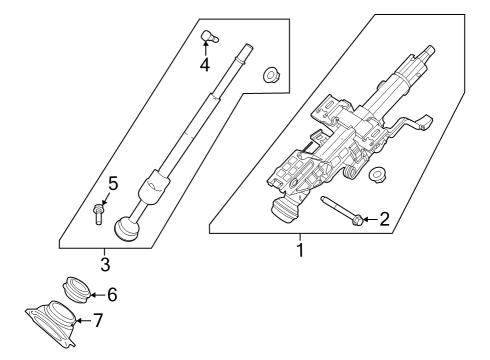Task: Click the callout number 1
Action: click(x=298, y=249)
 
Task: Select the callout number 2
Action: click(x=384, y=219)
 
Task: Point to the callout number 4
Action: click(x=204, y=65)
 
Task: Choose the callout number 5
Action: click(x=113, y=183)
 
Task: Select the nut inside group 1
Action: click(x=378, y=176)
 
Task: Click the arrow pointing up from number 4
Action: click(x=204, y=50)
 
